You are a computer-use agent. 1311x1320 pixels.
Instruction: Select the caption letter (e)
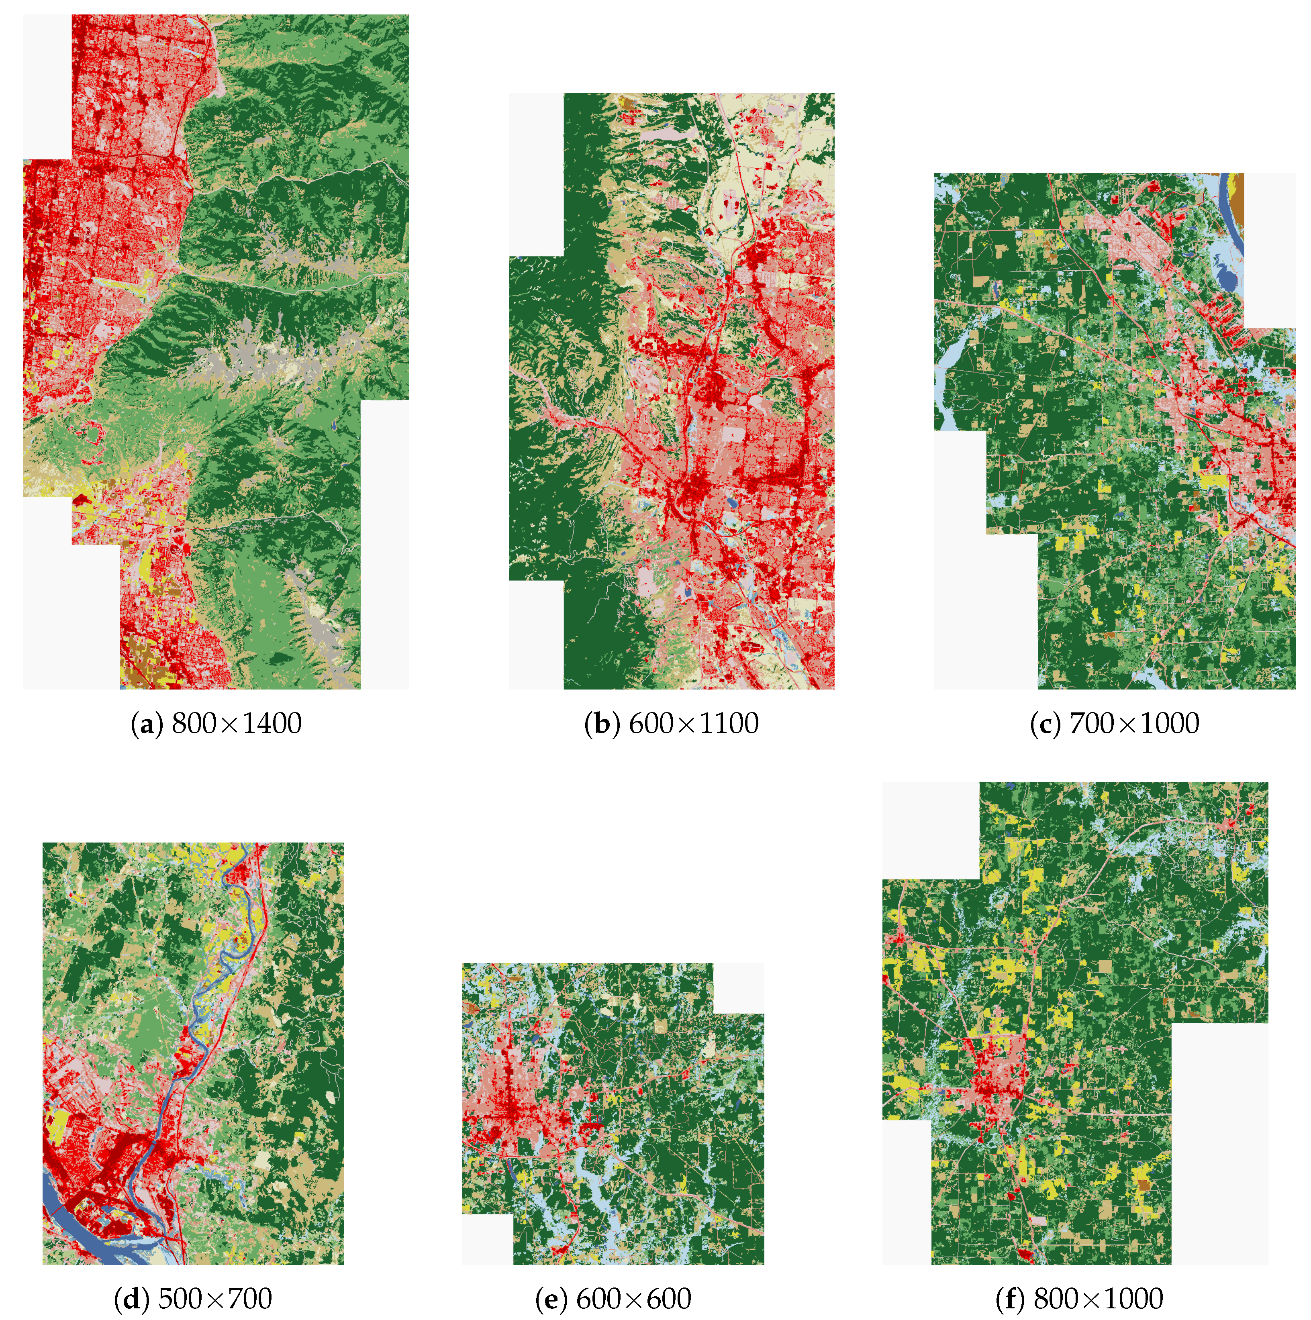(x=549, y=1299)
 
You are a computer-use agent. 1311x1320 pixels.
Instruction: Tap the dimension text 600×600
(x=634, y=1299)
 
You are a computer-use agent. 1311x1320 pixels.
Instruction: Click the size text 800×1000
(x=1098, y=1299)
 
